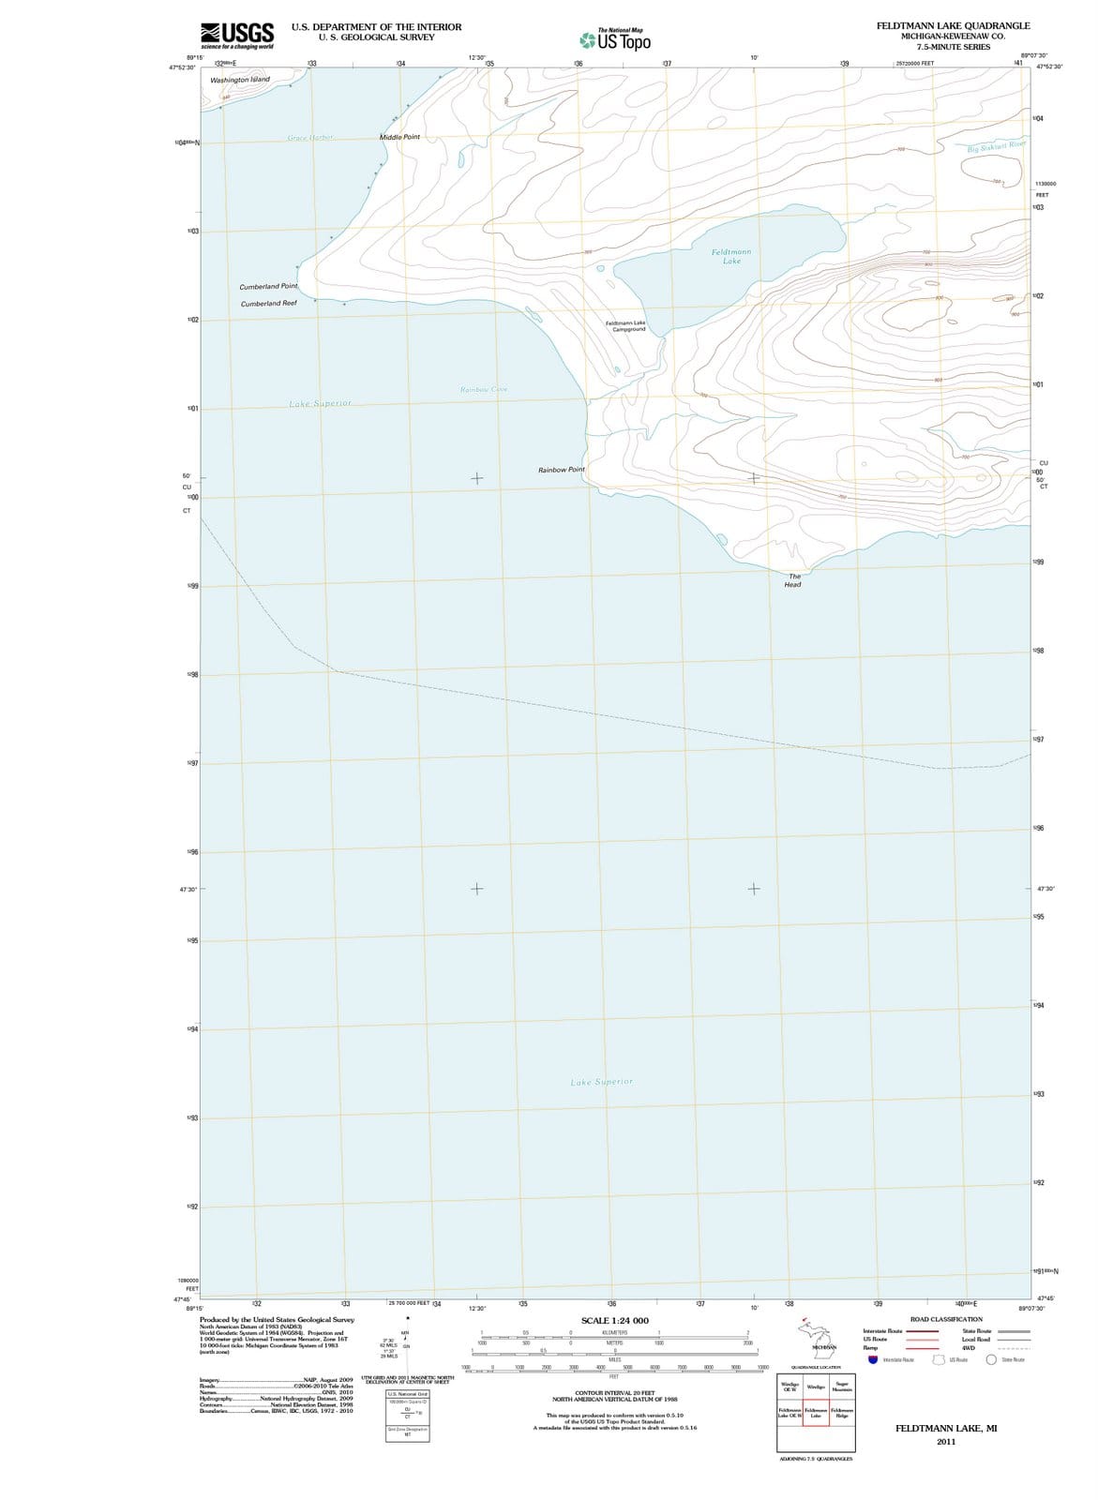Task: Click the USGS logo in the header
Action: pyautogui.click(x=237, y=34)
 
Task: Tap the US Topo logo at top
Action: pyautogui.click(x=615, y=40)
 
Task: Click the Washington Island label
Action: pyautogui.click(x=240, y=80)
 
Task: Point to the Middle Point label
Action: pyautogui.click(x=399, y=137)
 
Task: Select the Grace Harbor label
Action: pyautogui.click(x=309, y=138)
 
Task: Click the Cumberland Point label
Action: pyautogui.click(x=268, y=286)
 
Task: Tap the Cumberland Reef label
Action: pyautogui.click(x=268, y=304)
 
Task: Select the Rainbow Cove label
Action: pyautogui.click(x=484, y=389)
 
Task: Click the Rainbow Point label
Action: pyautogui.click(x=562, y=470)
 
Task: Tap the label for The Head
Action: pyautogui.click(x=793, y=580)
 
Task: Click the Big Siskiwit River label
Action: pyautogui.click(x=997, y=147)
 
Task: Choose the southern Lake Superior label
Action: pyautogui.click(x=602, y=1082)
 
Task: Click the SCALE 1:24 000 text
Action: pyautogui.click(x=614, y=1320)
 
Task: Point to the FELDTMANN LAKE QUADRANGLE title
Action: pyautogui.click(x=953, y=26)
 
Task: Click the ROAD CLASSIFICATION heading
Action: pyautogui.click(x=946, y=1319)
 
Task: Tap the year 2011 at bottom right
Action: pyautogui.click(x=946, y=1442)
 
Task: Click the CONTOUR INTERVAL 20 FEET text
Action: pyautogui.click(x=614, y=1393)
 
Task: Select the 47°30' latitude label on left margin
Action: pyautogui.click(x=188, y=889)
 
